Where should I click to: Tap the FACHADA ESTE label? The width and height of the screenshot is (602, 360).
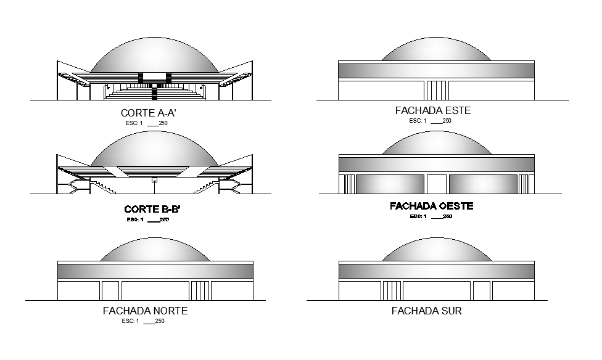point(432,111)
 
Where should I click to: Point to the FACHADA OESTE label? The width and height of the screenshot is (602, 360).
point(432,206)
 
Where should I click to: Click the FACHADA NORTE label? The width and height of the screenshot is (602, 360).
point(145,311)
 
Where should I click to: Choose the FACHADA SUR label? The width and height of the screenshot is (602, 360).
point(427,311)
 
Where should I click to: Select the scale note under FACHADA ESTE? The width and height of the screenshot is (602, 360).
point(430,121)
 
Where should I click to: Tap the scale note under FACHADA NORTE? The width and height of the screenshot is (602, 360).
point(143,321)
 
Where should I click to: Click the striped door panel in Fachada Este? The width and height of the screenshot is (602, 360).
point(436,89)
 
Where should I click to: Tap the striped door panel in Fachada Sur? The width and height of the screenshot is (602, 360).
point(392,290)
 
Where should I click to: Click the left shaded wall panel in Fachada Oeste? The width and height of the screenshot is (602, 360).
point(390,184)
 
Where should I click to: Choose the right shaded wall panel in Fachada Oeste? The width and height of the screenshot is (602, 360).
point(483,184)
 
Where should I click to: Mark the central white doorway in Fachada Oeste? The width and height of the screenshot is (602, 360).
point(437,184)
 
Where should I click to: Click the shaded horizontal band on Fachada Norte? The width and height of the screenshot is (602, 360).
point(155,271)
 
